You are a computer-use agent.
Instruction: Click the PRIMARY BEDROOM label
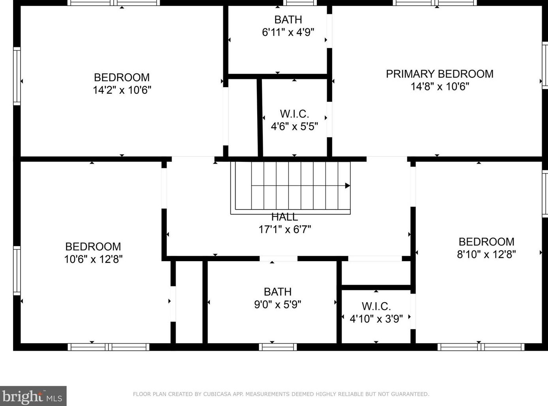(x=440, y=74)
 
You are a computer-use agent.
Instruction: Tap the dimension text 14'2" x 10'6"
(x=122, y=90)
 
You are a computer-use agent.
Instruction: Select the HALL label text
(x=284, y=217)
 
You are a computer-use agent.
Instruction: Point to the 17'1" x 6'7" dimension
(x=284, y=229)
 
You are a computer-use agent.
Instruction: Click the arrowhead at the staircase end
(x=348, y=185)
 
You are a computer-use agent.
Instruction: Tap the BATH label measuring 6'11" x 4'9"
(x=288, y=19)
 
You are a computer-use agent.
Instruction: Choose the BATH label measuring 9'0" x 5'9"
(x=278, y=292)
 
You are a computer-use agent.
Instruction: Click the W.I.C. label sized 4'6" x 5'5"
(x=294, y=114)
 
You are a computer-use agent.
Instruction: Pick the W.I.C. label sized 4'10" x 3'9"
(x=376, y=306)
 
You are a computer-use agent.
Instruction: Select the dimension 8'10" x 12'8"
(x=486, y=254)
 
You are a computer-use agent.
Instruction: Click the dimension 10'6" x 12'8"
(x=93, y=259)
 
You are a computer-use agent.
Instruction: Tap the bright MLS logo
(x=33, y=396)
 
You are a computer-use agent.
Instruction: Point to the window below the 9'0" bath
(x=278, y=347)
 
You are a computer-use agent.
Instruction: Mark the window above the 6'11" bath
(x=300, y=3)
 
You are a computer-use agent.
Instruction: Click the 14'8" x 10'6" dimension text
(x=440, y=86)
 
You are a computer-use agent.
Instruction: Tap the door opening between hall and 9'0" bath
(x=279, y=258)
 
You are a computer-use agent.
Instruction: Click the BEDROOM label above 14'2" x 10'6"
(x=122, y=77)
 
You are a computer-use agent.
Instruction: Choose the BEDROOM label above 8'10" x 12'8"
(x=486, y=242)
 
